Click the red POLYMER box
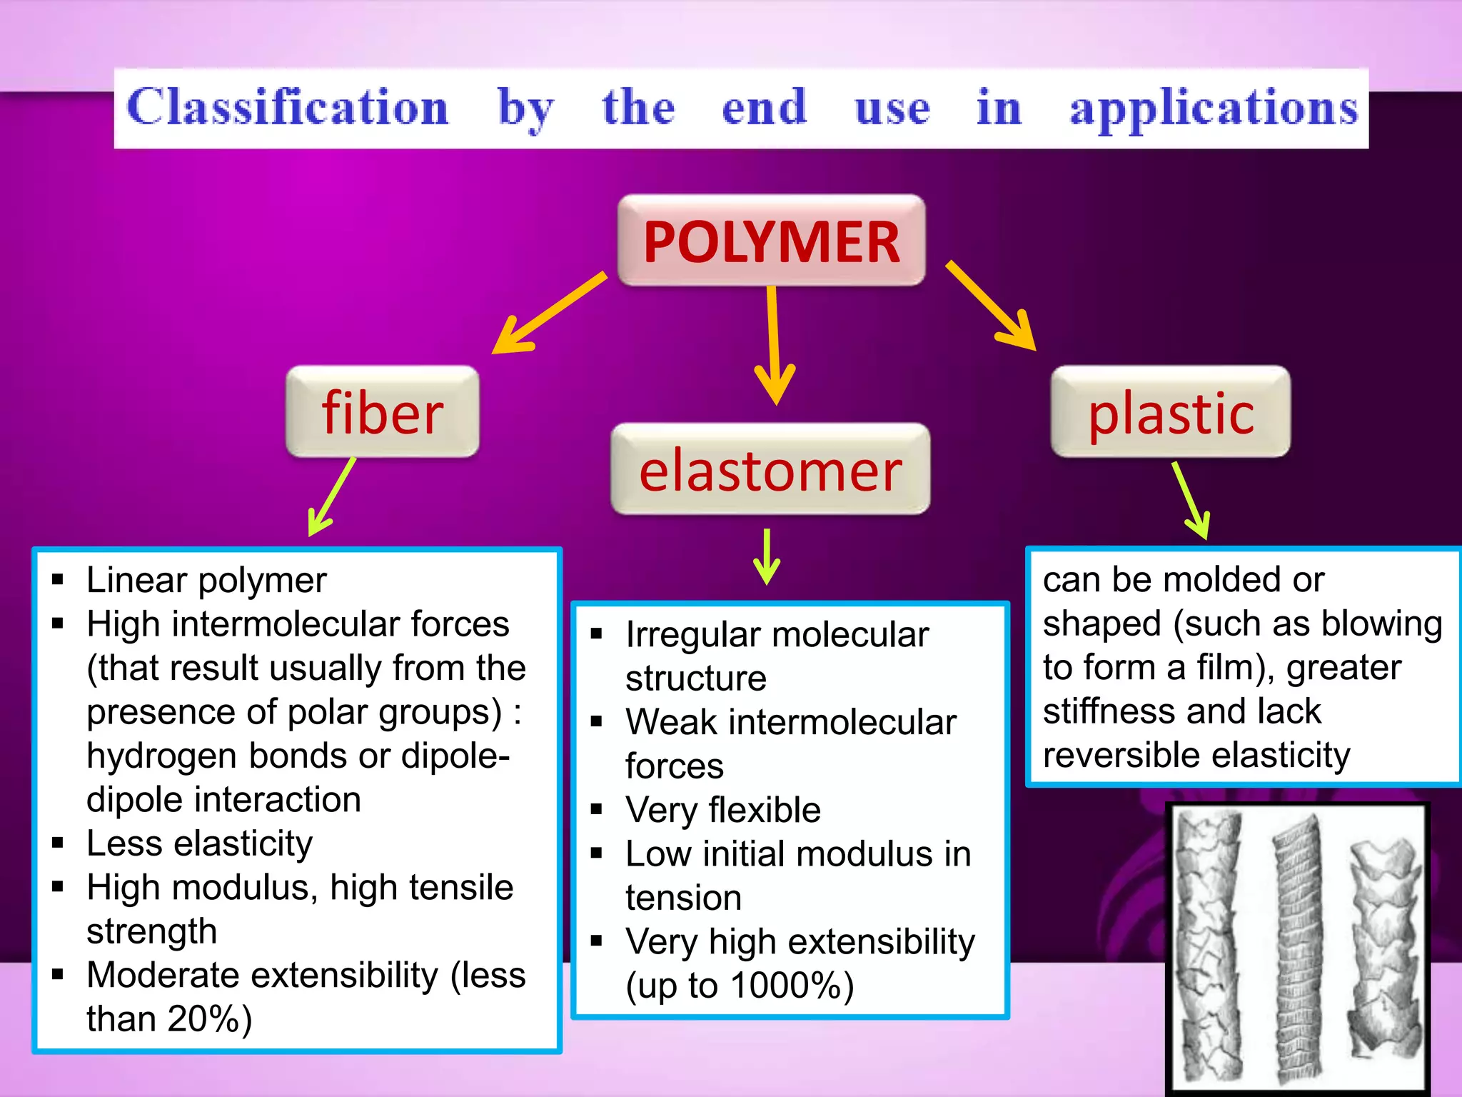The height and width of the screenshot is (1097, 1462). [x=771, y=241]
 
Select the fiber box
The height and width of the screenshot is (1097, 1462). [x=383, y=413]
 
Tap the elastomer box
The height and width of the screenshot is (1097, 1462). [x=770, y=470]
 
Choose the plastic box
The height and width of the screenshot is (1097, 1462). [x=1171, y=413]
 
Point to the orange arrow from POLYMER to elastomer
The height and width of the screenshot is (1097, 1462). [x=773, y=343]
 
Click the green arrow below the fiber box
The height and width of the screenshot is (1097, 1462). [x=332, y=496]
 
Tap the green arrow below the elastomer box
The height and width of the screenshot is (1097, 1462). [x=767, y=557]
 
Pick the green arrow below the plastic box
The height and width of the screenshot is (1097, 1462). [x=1191, y=500]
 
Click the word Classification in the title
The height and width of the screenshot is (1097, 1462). [x=287, y=107]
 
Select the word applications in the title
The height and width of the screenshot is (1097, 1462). [x=1214, y=109]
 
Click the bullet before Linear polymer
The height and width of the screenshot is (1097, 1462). [x=58, y=579]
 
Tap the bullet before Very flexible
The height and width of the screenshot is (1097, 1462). [x=597, y=809]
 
